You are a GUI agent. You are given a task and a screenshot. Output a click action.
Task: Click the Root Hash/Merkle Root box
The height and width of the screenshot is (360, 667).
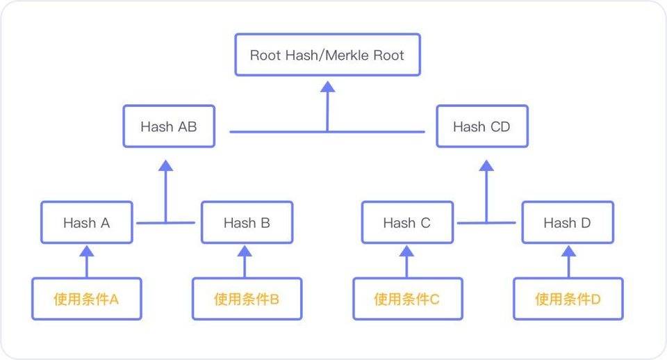(327, 55)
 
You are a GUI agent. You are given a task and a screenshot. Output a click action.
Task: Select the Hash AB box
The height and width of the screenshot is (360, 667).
(169, 126)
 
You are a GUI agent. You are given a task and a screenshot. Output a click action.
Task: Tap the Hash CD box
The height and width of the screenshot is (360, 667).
(482, 126)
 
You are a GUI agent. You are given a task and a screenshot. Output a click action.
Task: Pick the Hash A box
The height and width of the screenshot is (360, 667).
(87, 223)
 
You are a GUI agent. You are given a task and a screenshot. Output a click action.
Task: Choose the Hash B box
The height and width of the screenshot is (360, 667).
(247, 223)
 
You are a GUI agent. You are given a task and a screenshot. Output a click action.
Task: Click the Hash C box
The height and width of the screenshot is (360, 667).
(407, 223)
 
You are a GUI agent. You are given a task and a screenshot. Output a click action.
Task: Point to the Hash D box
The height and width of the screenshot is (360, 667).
(568, 223)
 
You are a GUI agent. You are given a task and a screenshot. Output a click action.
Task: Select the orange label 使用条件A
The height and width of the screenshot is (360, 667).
(87, 300)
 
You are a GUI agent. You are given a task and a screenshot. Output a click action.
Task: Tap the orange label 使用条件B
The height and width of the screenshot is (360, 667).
(247, 300)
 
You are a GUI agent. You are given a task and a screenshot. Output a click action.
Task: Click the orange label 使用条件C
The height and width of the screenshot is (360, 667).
(407, 300)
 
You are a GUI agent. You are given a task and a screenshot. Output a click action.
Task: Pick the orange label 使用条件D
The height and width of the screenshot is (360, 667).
(568, 300)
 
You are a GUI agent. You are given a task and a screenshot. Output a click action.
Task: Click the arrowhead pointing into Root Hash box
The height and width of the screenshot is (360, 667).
(328, 85)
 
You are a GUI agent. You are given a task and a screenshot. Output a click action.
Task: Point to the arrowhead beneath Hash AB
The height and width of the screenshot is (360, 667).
(165, 165)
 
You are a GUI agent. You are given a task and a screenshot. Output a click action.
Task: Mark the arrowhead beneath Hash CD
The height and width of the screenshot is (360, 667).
(486, 165)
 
